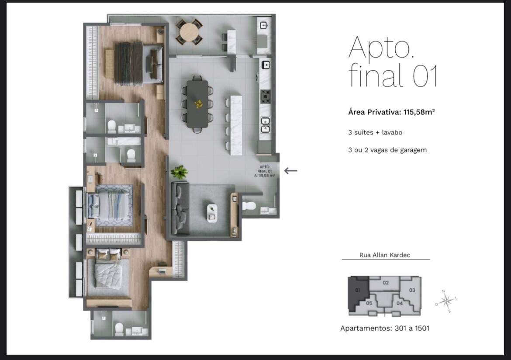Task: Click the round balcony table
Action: [x=189, y=32]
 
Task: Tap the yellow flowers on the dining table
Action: [x=198, y=104]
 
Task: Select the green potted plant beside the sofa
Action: [x=179, y=172]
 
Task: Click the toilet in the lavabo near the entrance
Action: [x=249, y=206]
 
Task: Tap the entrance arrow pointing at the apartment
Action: [x=290, y=170]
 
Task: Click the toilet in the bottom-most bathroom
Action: [x=118, y=328]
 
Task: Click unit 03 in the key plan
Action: [x=411, y=290]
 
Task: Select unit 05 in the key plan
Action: [x=369, y=303]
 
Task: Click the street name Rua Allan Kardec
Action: [x=385, y=255]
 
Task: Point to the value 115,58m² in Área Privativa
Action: [x=418, y=112]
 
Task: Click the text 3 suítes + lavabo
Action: [x=375, y=132]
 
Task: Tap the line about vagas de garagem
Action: [x=387, y=150]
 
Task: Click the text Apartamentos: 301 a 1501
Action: [x=384, y=328]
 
